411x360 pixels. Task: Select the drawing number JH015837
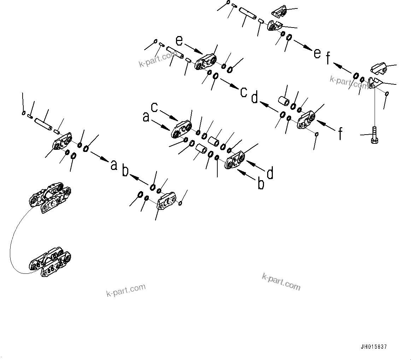tap(374, 347)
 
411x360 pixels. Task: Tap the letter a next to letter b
tap(114, 165)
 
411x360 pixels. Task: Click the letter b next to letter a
tap(125, 171)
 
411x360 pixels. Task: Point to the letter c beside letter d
tap(243, 92)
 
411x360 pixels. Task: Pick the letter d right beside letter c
tap(254, 98)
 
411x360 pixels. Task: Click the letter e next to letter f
tap(317, 53)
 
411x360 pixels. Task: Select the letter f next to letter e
tap(328, 59)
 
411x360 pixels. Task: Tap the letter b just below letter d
tap(261, 184)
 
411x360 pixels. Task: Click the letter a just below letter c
tap(146, 117)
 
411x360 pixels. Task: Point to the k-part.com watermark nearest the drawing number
tap(281, 282)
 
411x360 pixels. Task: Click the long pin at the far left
tap(44, 124)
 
